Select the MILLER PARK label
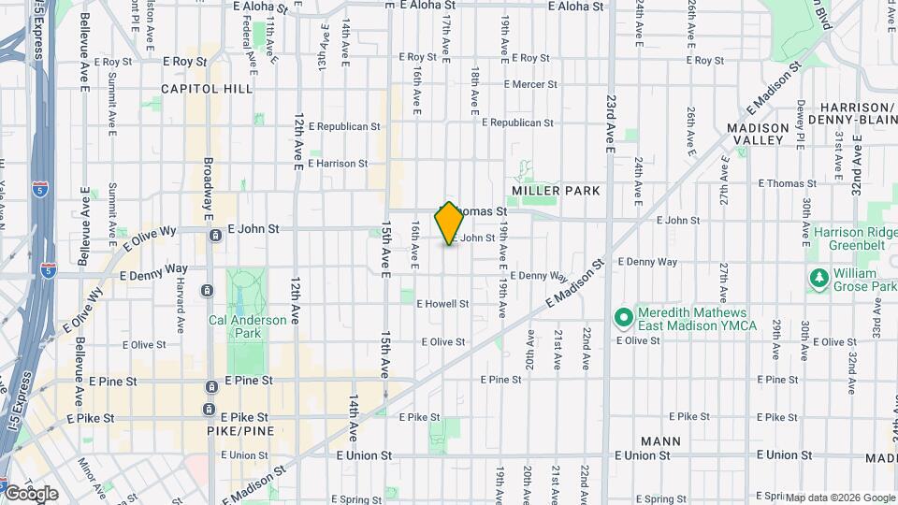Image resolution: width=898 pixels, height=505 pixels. (x=556, y=191)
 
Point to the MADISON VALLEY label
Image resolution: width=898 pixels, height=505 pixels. (x=755, y=134)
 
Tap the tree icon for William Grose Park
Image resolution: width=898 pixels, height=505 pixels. (x=818, y=278)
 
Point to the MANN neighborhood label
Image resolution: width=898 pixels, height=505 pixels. (x=661, y=440)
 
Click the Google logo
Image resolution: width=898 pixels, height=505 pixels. (x=30, y=493)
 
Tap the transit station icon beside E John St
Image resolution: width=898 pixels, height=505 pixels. (x=216, y=236)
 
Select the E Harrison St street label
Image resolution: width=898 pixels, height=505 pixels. (x=337, y=164)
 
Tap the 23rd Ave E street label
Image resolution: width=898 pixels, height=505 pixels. (x=610, y=124)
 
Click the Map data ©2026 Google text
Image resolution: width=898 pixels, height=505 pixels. (x=840, y=498)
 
